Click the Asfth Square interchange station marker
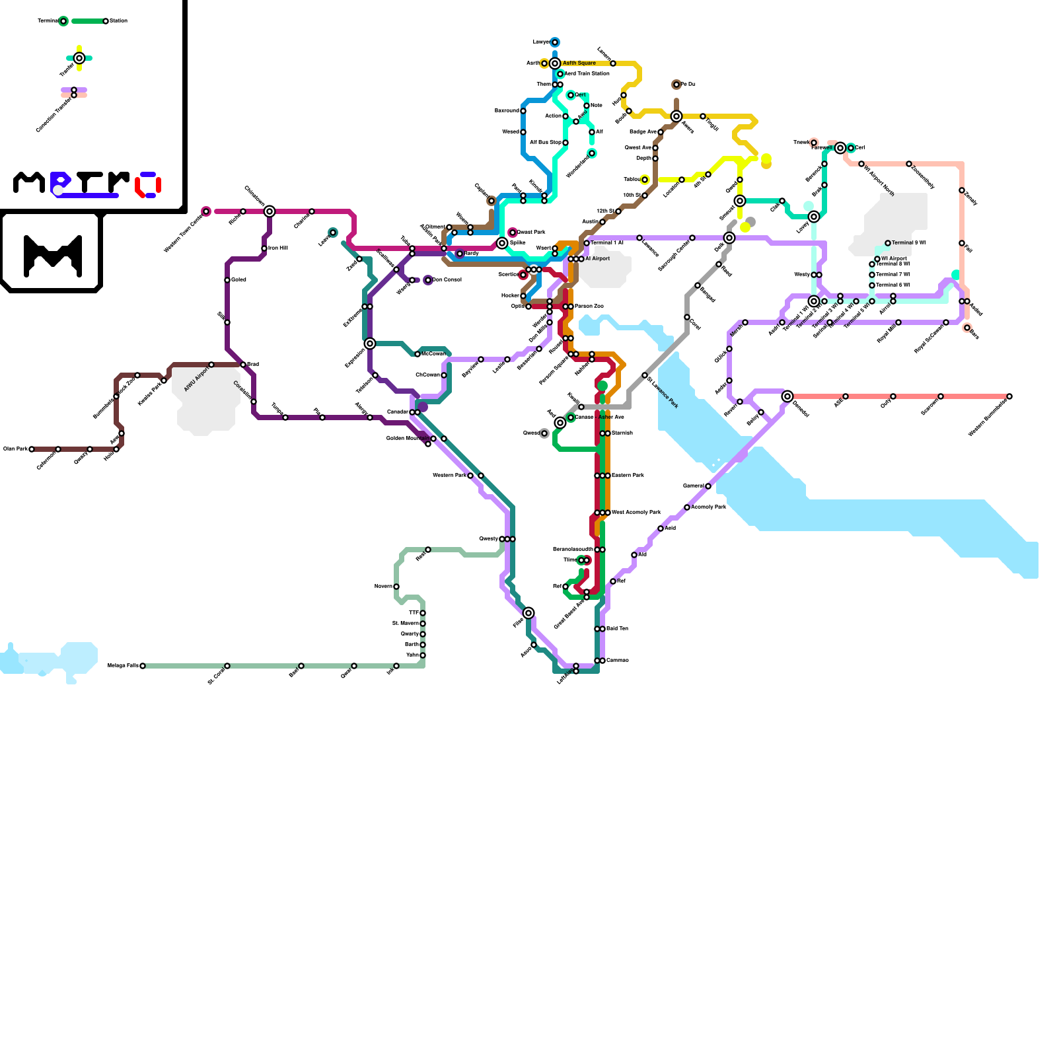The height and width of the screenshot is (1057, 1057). [x=555, y=63]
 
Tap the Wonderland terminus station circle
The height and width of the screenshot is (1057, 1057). [x=592, y=153]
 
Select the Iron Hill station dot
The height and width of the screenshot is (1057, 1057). [x=264, y=248]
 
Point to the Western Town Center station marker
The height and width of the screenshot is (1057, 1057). [x=206, y=211]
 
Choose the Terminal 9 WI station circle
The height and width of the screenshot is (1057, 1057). [x=888, y=243]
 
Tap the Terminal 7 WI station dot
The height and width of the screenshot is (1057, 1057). [x=872, y=275]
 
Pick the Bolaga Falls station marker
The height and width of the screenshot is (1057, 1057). [x=143, y=666]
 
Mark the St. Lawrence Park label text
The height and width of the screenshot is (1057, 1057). [x=663, y=392]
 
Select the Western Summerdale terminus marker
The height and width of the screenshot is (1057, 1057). [x=1009, y=396]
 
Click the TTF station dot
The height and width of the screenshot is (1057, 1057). [x=423, y=613]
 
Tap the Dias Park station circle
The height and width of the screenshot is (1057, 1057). [x=32, y=449]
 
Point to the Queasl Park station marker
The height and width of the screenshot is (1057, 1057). [x=513, y=233]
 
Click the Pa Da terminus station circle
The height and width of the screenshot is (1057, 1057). [x=676, y=85]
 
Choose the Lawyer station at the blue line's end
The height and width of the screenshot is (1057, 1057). [x=555, y=42]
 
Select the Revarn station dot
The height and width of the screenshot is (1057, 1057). [x=396, y=587]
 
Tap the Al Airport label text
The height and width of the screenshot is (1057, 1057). [x=597, y=259]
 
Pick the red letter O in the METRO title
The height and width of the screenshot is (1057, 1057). [x=149, y=184]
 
